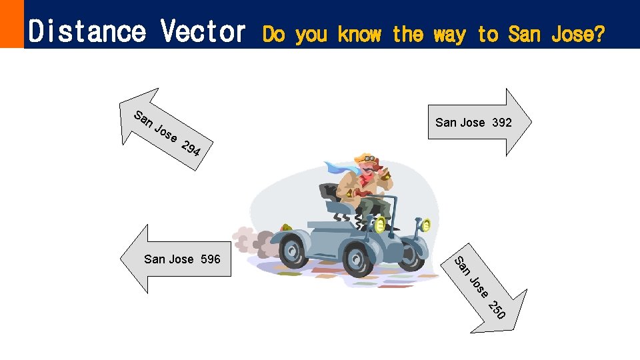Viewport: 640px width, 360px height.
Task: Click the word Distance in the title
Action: pyautogui.click(x=87, y=31)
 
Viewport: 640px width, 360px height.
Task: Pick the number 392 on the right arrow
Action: pyautogui.click(x=502, y=122)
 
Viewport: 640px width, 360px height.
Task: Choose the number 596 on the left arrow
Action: pyautogui.click(x=210, y=259)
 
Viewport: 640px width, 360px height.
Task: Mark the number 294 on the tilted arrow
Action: pyautogui.click(x=192, y=149)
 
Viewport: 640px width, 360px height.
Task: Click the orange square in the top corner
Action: pyautogui.click(x=11, y=23)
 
